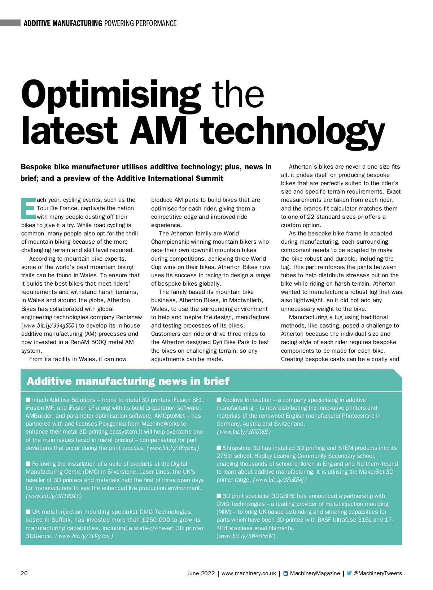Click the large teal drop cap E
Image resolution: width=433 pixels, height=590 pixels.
pos(29,208)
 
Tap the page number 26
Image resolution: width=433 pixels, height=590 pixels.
pos(24,573)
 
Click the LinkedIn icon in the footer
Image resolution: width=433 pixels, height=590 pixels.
pos(286,573)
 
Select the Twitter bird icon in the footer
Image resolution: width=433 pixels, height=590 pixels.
pos(349,573)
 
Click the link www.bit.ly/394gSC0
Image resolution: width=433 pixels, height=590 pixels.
pos(49,326)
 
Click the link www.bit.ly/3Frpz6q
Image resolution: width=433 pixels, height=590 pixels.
pos(173,448)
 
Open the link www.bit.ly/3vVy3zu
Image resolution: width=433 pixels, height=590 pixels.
pos(84,536)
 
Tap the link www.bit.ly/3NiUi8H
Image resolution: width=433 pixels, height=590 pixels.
pos(244,431)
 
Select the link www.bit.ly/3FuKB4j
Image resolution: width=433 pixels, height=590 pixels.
pos(280,480)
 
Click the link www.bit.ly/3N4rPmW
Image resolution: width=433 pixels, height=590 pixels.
pos(246,536)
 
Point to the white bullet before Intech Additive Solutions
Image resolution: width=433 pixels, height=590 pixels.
pos(28,400)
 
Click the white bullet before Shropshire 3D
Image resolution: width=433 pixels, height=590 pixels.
pos(219,448)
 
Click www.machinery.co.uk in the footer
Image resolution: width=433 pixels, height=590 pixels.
pos(249,573)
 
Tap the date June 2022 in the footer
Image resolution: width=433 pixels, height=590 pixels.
pos(201,573)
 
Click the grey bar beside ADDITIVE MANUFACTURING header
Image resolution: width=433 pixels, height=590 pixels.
pos(10,23)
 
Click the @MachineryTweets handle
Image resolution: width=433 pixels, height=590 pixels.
pos(377,573)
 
